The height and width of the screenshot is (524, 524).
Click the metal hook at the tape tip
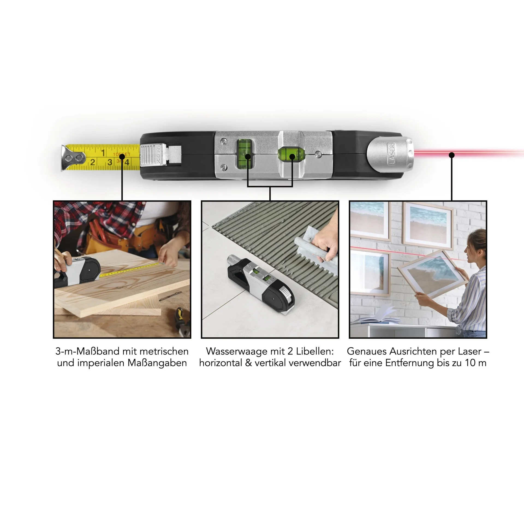pyautogui.click(x=72, y=158)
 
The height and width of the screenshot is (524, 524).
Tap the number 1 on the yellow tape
pyautogui.click(x=103, y=153)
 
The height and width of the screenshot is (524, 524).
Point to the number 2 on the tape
pyautogui.click(x=93, y=162)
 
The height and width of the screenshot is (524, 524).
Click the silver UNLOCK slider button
pyautogui.click(x=153, y=155)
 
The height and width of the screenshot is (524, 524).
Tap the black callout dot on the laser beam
pyautogui.click(x=452, y=155)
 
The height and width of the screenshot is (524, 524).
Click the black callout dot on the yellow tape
pyautogui.click(x=122, y=156)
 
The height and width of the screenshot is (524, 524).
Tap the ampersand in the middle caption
pyautogui.click(x=248, y=363)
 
